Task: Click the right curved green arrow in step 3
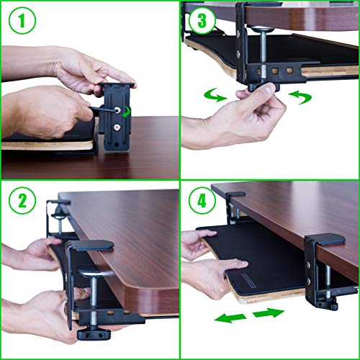(301, 97)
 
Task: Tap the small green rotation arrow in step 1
(126, 110)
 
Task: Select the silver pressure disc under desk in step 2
(96, 274)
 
